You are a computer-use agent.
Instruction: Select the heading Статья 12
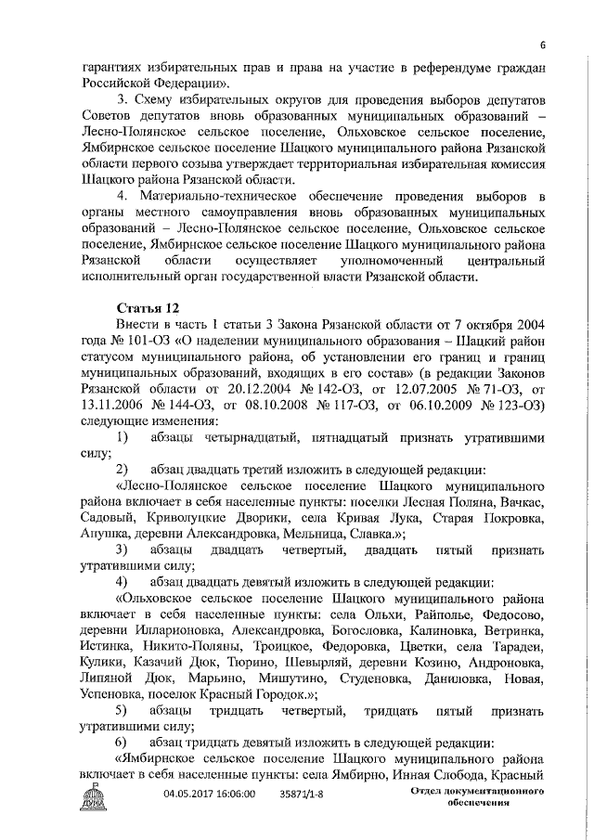click(148, 307)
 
